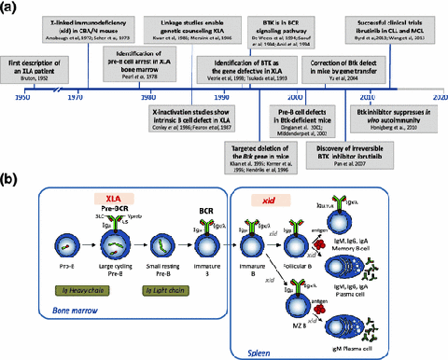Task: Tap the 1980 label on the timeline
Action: (147, 96)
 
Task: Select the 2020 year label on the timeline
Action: (436, 96)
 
